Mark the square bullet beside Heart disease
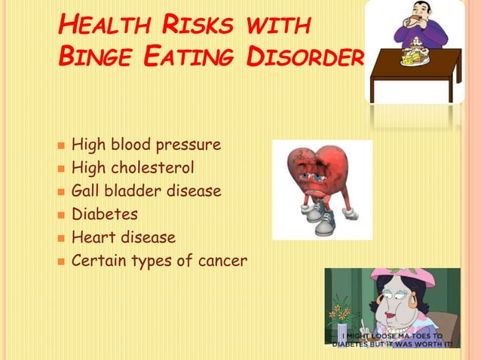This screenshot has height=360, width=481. (60, 239)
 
